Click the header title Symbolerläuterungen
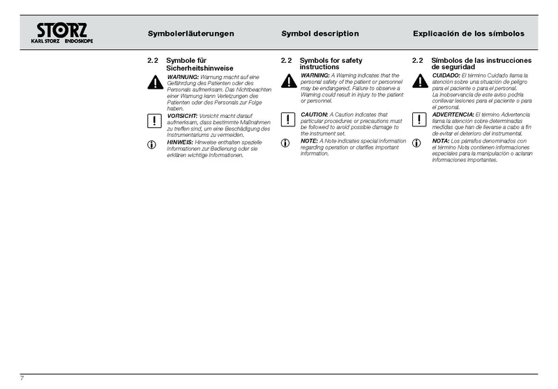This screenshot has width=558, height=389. tap(190, 34)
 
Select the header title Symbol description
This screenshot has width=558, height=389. tap(320, 34)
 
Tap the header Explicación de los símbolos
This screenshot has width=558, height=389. tap(469, 34)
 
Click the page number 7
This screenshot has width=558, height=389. tap(22, 378)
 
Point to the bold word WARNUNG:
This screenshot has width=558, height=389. tap(183, 76)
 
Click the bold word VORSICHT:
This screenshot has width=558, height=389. tap(183, 115)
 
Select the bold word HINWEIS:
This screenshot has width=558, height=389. tap(181, 142)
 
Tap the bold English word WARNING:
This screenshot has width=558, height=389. tap(315, 75)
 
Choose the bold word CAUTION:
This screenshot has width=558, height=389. tap(314, 114)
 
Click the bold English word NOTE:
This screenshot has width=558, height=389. tap(309, 141)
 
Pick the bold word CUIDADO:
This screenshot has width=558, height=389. tap(446, 75)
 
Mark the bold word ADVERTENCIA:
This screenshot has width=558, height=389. tap(453, 114)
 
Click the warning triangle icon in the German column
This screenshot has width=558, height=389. tap(153, 82)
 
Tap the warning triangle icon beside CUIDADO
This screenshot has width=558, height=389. tap(419, 81)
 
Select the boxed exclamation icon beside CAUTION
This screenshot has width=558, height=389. tap(287, 119)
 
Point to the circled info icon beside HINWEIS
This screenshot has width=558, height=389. tap(153, 145)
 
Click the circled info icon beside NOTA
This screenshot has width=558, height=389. tap(417, 143)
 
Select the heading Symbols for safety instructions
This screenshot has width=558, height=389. tap(331, 64)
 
